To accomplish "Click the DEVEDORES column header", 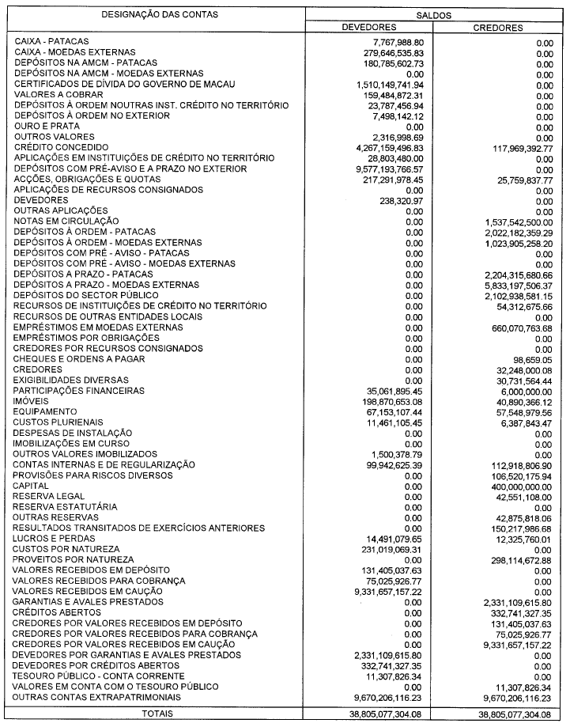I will click(368, 28).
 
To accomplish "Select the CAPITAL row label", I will click(32, 486).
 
